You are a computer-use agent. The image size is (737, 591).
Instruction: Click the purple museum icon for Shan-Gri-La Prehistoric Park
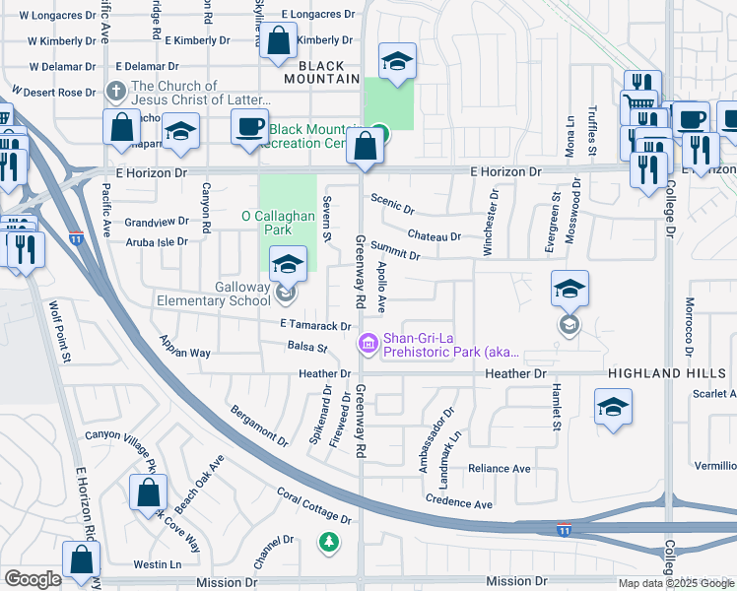368,343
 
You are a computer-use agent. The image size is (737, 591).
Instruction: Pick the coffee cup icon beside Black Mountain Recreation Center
248,125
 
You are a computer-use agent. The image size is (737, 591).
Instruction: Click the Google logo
33,579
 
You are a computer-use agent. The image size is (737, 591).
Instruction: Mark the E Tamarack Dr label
315,325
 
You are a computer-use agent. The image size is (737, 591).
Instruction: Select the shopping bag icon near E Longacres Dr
279,41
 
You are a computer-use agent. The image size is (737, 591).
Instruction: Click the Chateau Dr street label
434,236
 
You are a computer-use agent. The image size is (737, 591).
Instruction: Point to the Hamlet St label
556,408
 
